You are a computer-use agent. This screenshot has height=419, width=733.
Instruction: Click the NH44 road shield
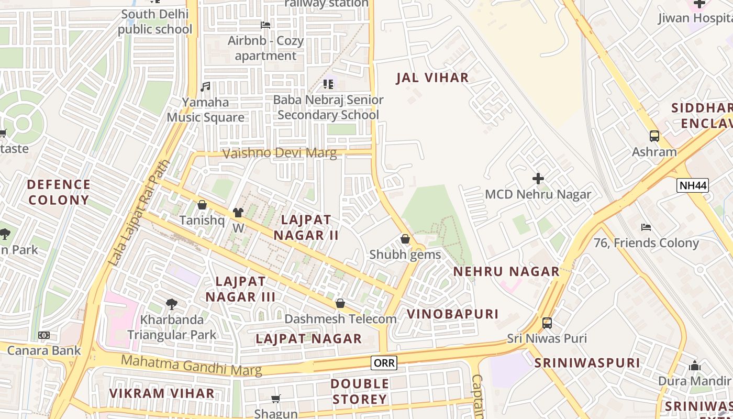coord(692,185)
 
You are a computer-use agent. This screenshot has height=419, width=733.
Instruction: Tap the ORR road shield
coord(384,362)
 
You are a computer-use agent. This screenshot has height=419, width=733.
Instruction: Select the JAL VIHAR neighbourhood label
coord(432,78)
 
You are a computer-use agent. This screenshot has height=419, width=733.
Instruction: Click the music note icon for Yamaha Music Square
coord(205,87)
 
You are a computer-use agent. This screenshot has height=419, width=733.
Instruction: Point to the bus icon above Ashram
coord(654,136)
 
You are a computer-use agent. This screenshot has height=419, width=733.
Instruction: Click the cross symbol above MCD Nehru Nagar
coord(538,179)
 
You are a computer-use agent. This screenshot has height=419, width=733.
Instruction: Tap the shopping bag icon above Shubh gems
coord(405,239)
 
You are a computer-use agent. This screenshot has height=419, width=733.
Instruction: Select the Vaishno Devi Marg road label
coord(280,153)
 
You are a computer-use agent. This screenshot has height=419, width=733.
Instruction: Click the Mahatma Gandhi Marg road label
coord(191,365)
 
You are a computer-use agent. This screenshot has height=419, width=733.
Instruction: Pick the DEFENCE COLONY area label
coord(59,192)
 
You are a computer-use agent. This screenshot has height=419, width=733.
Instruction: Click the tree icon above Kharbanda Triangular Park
coord(171,304)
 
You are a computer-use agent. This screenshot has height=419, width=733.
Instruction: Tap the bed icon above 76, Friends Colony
coord(646,227)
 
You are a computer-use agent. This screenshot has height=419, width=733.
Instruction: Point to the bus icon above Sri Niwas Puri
coord(547,323)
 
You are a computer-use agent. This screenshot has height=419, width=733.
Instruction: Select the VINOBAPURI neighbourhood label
coord(453,314)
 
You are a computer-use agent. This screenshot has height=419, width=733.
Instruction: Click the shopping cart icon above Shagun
coord(276,399)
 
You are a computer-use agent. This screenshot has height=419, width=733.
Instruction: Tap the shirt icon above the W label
coord(238,212)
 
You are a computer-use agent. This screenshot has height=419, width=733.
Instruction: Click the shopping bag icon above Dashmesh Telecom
coord(340,303)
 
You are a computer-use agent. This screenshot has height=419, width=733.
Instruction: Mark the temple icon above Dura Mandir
coord(695,366)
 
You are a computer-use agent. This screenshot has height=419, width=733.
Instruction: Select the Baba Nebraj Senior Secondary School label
coord(328,107)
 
